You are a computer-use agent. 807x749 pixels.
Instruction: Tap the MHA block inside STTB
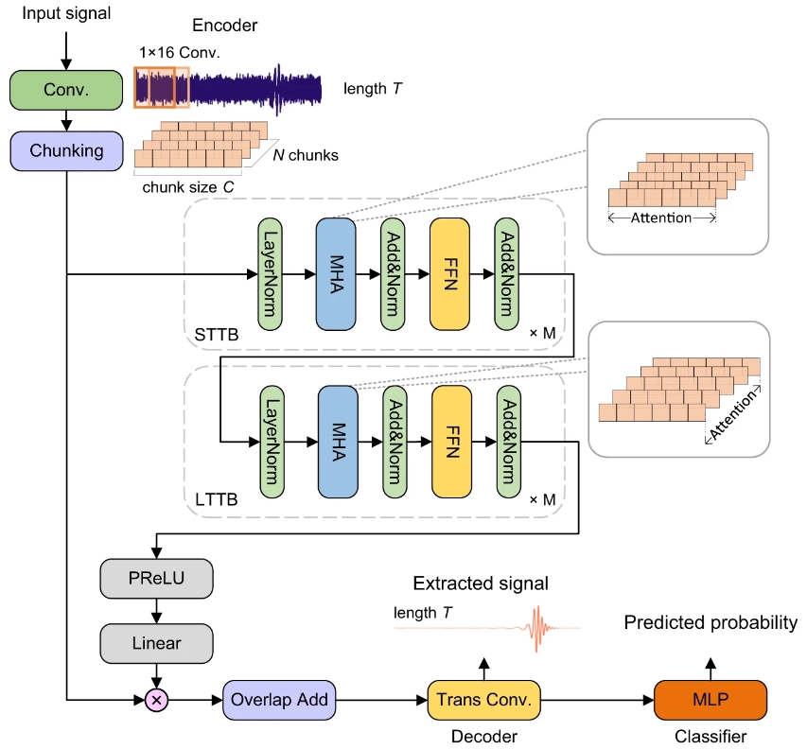click(x=335, y=274)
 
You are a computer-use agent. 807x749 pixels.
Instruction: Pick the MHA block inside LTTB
click(x=337, y=442)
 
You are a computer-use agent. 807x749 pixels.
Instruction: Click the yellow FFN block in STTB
click(x=449, y=274)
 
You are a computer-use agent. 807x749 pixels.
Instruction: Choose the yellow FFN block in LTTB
click(x=451, y=442)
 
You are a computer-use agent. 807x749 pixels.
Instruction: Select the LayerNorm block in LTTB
click(x=272, y=442)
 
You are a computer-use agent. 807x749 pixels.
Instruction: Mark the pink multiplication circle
click(x=155, y=701)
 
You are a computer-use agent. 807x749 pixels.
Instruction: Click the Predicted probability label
click(x=710, y=622)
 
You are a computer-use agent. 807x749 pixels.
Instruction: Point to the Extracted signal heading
click(x=480, y=584)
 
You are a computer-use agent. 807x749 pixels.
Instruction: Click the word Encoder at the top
click(x=225, y=25)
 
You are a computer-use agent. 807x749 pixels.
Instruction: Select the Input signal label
click(x=65, y=13)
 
